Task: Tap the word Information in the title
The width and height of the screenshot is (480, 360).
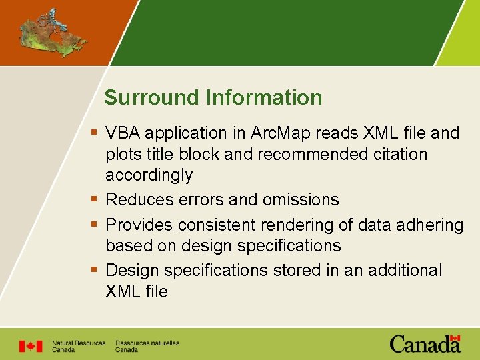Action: pos(264,98)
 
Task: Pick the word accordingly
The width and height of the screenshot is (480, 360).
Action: pos(149,176)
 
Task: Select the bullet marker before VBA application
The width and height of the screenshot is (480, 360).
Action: pos(95,133)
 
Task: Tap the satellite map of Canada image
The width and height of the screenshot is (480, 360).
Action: pos(53,33)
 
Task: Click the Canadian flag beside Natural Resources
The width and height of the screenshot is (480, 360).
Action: pos(31,346)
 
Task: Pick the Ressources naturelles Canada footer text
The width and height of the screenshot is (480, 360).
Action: pos(147,346)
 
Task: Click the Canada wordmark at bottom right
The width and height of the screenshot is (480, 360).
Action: pos(425,344)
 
